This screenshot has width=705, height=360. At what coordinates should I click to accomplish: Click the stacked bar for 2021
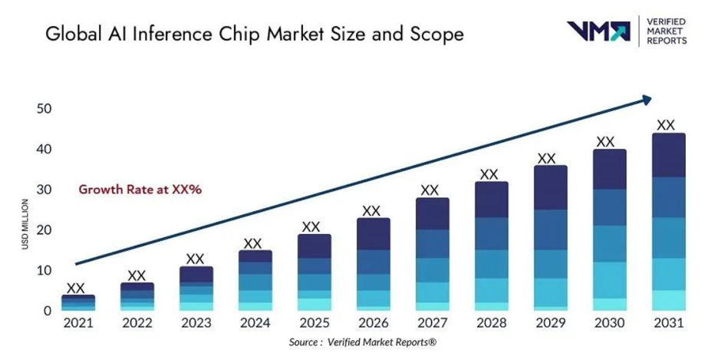click(x=78, y=303)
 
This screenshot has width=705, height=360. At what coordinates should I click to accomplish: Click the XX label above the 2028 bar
click(x=489, y=174)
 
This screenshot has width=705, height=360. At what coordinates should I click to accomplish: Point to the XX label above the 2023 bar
click(x=196, y=259)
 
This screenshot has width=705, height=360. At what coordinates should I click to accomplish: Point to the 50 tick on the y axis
click(x=44, y=109)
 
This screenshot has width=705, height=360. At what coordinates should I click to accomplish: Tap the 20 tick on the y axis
click(x=44, y=230)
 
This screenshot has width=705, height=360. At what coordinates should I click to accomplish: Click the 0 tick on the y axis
click(x=48, y=311)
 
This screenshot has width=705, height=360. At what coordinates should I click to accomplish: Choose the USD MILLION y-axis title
click(x=26, y=223)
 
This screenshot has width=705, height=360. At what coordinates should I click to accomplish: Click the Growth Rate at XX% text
click(x=140, y=188)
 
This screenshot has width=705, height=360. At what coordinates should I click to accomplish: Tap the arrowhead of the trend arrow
click(x=647, y=98)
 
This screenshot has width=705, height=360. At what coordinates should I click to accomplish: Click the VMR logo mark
click(x=598, y=31)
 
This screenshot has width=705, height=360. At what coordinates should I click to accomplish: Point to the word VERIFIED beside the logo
click(x=667, y=21)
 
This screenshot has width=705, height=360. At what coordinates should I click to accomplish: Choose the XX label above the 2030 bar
click(x=606, y=142)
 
